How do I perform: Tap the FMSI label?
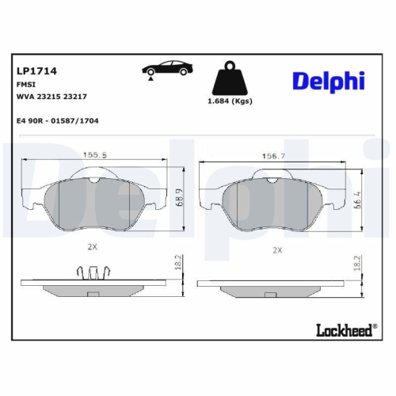click(x=25, y=83)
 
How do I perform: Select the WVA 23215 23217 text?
click(x=51, y=96)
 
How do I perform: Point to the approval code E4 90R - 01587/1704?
click(x=56, y=121)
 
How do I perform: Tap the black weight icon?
click(x=231, y=79)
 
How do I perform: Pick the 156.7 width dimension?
click(x=274, y=157)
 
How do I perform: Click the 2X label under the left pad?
click(x=92, y=246)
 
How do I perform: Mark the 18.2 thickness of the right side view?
click(x=359, y=263)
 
